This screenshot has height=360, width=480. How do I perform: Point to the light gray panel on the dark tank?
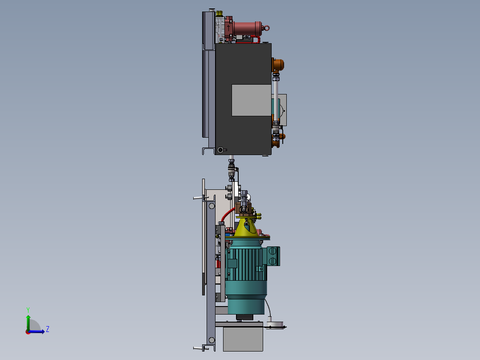pos(251,100)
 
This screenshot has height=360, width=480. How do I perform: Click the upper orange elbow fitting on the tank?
pos(279,65)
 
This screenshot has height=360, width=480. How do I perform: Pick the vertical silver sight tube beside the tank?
pos(276,100)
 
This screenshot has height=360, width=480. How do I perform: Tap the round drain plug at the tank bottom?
pos(220,150)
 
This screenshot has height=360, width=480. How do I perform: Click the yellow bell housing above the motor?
pos(245,227)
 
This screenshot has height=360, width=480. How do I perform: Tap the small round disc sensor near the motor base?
pos(276,324)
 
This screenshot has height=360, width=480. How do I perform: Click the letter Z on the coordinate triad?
pos(47,329)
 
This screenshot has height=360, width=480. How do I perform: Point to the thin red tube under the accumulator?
pos(245,42)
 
